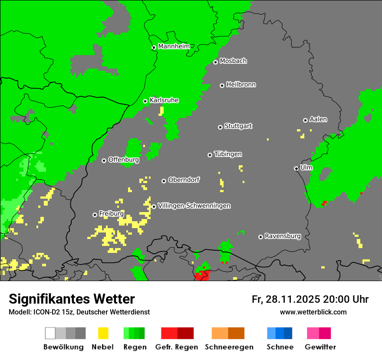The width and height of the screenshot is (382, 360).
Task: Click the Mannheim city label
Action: tap(174, 46)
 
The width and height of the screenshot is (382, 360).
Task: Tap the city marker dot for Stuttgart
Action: tap(220, 127)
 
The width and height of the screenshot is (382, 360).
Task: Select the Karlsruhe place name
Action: tap(164, 100)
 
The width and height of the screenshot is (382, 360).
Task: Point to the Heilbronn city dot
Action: tap(222, 85)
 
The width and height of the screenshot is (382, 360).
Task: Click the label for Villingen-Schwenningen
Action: tap(194, 206)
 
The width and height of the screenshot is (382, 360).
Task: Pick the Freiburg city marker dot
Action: tap(95, 215)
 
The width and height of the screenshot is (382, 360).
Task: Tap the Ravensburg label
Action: tap(283, 236)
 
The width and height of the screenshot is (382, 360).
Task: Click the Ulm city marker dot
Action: tap(296, 168)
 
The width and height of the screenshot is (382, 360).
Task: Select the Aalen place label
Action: tap(318, 119)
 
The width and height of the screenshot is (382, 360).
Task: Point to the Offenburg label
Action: tap(124, 160)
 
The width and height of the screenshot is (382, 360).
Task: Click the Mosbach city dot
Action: tap(215, 62)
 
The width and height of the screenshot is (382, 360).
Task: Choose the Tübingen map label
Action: tap(228, 154)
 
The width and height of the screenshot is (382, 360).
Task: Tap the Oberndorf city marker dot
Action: tap(164, 181)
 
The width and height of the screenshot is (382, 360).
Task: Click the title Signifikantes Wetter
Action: tap(72, 299)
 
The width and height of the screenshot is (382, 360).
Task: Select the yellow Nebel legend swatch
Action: tap(103, 333)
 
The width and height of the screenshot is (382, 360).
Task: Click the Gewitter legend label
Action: tap(320, 347)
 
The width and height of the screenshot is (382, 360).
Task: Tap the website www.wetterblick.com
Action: tap(313, 312)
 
